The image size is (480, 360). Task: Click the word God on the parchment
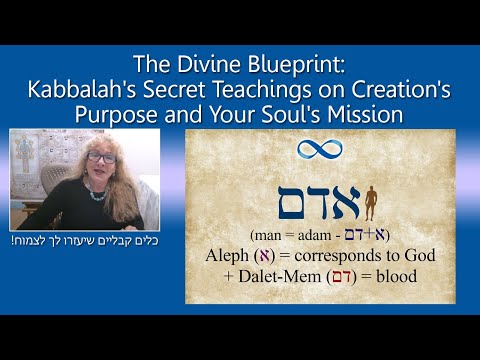[x=421, y=255]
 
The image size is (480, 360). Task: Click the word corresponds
[x=345, y=255]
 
